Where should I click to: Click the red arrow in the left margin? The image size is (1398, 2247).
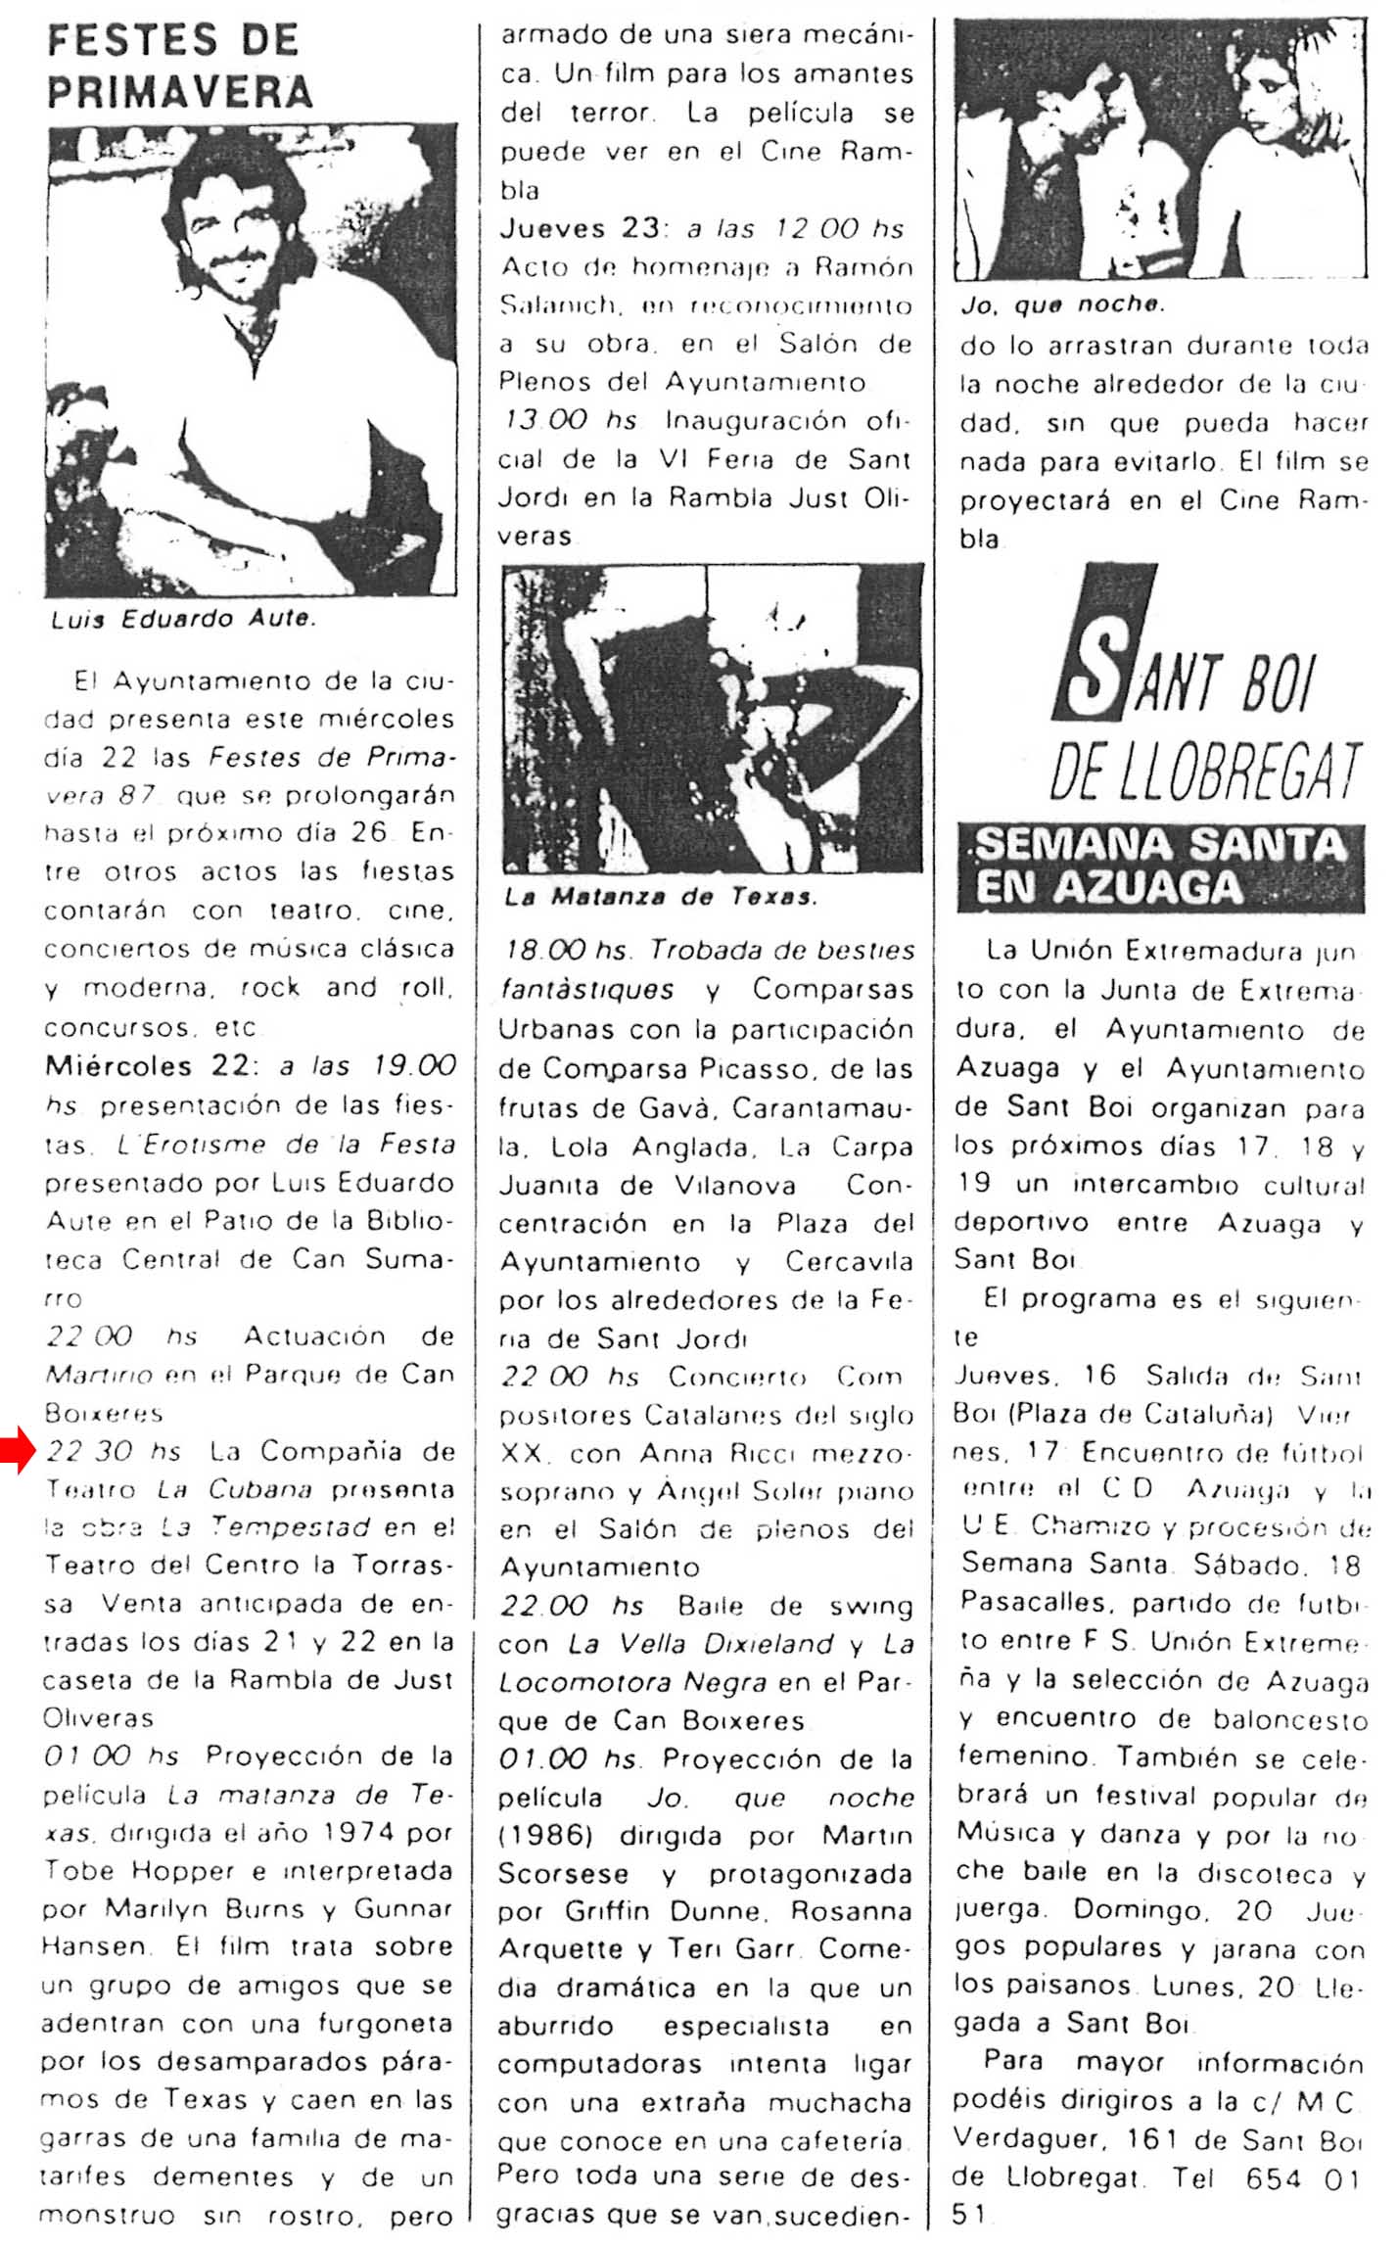[18, 1450]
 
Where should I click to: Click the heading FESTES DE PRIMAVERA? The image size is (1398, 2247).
[178, 66]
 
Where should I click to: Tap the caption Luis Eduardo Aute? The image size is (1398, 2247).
[182, 619]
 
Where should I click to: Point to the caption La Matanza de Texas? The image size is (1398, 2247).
[660, 897]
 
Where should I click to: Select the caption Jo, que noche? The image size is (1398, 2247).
[1062, 304]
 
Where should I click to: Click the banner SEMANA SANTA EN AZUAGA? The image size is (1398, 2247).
[1160, 866]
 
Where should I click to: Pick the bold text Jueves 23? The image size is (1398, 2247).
[580, 228]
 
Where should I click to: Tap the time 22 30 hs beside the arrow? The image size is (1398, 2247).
[114, 1451]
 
